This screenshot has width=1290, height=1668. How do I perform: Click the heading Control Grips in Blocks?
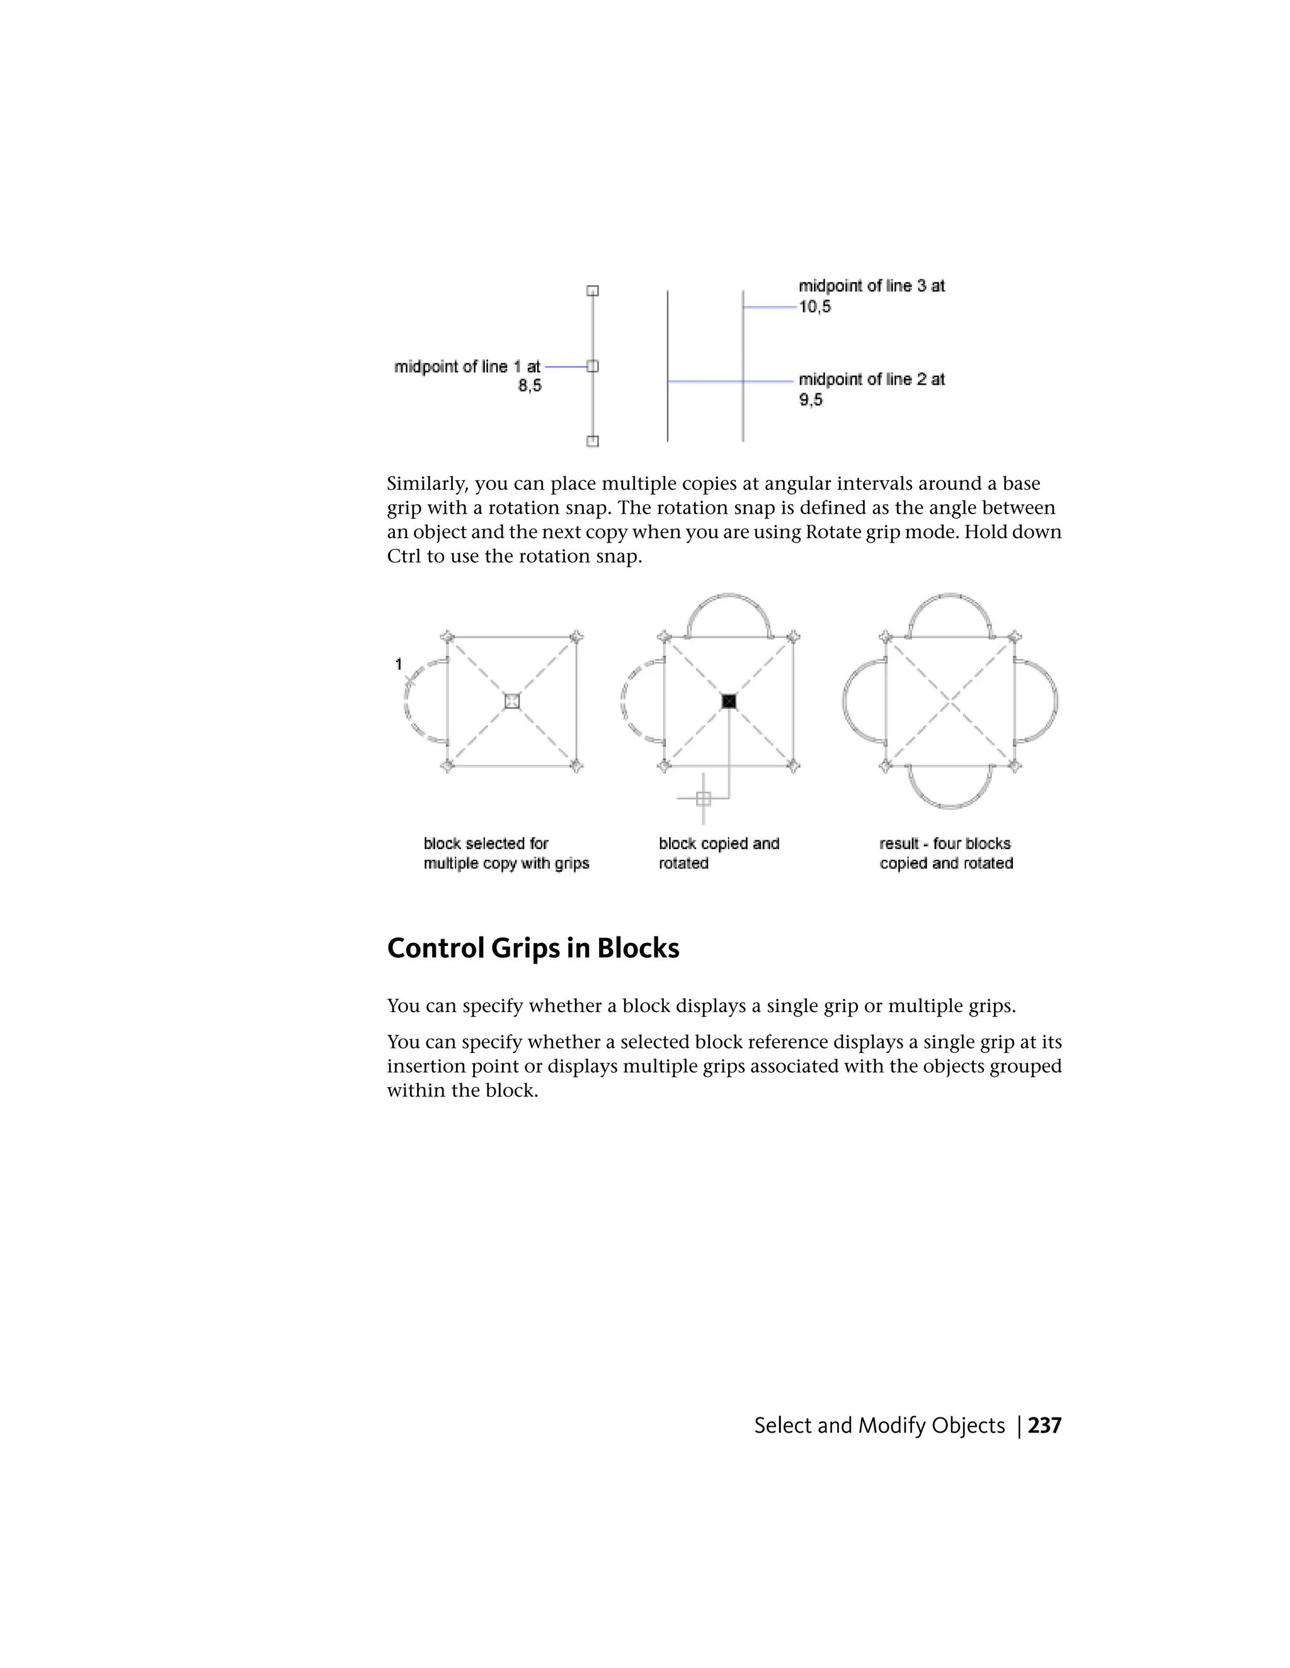[533, 948]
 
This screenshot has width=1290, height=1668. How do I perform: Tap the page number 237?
[1045, 1425]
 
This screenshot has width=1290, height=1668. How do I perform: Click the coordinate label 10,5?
[814, 307]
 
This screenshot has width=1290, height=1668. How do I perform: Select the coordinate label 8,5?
[530, 386]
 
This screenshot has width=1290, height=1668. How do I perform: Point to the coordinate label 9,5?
[811, 400]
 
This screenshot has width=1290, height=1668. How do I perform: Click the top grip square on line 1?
[592, 291]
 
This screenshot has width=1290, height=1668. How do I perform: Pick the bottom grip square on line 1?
[592, 441]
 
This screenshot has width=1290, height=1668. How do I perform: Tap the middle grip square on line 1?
[592, 366]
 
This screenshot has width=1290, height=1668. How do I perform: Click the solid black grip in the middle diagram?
[729, 701]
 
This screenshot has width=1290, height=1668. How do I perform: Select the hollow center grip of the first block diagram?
[512, 701]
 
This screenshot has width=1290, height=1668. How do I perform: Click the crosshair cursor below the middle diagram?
[703, 799]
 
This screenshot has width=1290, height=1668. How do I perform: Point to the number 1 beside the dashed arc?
[398, 665]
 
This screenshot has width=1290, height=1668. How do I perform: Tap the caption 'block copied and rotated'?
[718, 853]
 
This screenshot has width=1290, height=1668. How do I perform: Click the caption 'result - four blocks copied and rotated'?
[945, 853]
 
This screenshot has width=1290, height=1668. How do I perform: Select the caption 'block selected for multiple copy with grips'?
[506, 853]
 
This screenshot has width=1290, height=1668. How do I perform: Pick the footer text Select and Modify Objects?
[879, 1425]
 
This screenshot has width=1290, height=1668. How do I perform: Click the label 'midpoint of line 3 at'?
[871, 286]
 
